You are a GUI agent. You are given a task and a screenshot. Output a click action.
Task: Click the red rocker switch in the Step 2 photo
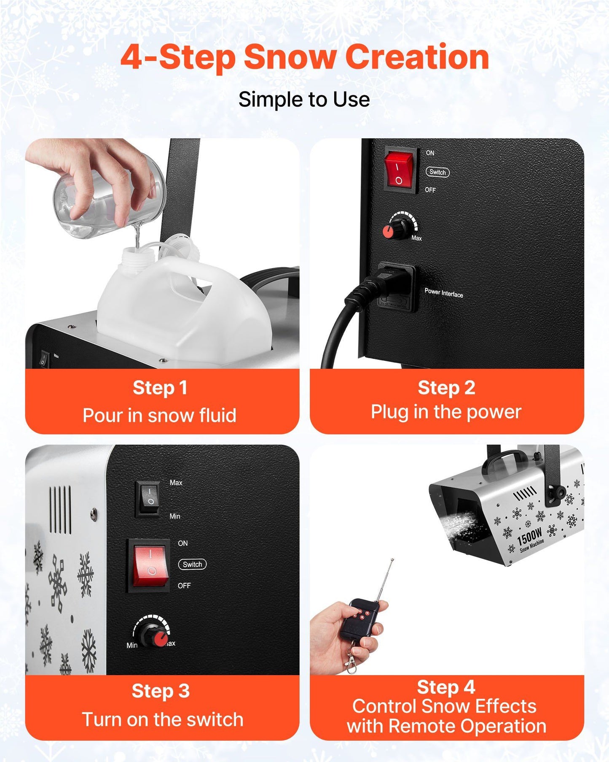(399, 170)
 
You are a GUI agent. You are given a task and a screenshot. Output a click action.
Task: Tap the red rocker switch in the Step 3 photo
(151, 566)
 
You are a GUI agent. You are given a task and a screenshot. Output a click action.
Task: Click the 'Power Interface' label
(444, 292)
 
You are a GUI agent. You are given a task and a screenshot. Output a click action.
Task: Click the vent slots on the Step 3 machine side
(61, 510)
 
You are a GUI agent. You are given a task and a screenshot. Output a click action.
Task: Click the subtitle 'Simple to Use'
(304, 100)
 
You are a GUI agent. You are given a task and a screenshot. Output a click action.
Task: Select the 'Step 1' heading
(160, 388)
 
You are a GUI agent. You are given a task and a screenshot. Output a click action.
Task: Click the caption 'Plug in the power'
(446, 412)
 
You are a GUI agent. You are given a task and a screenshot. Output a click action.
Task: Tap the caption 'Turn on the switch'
(163, 719)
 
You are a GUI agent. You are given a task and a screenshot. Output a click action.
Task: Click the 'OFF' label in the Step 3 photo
(184, 586)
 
